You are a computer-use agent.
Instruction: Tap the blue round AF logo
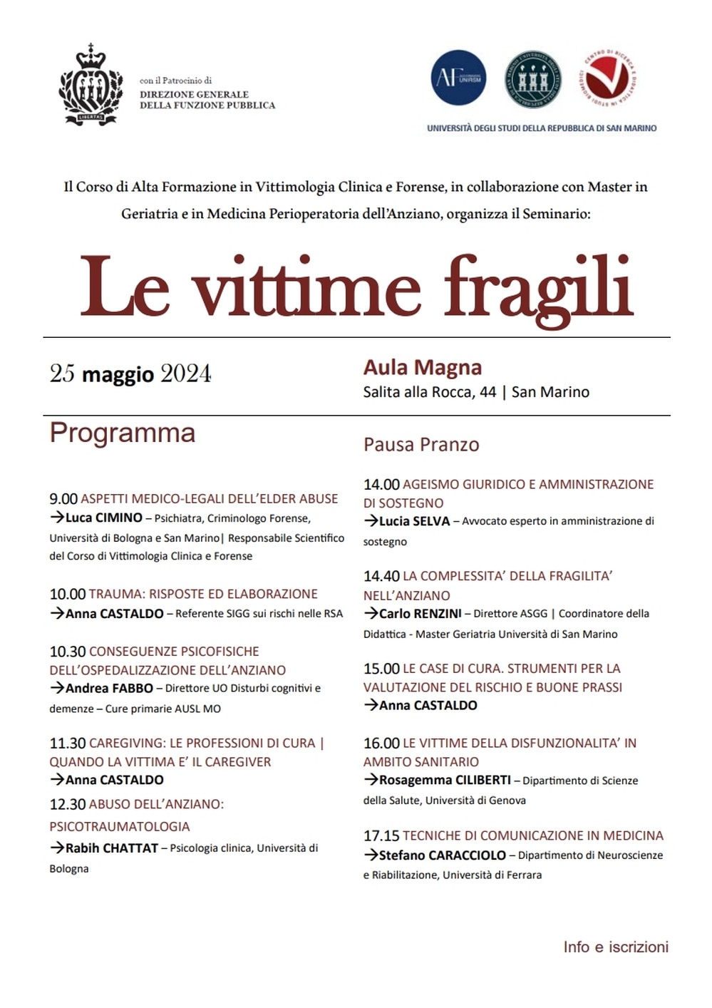(x=459, y=78)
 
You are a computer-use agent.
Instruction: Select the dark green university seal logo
(x=532, y=79)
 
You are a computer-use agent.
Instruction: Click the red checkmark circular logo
(x=607, y=79)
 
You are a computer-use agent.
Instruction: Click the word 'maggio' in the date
(x=118, y=374)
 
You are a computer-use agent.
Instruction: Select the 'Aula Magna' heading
(x=423, y=367)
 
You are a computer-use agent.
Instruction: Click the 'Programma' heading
(x=122, y=433)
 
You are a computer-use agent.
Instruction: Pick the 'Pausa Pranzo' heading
(x=421, y=445)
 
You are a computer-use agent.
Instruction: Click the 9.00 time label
(x=63, y=499)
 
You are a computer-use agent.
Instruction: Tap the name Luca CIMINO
(x=104, y=518)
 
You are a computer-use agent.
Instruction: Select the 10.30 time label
(x=68, y=652)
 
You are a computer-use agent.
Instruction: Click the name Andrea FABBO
(x=109, y=689)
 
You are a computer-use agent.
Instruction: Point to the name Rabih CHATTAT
(x=112, y=848)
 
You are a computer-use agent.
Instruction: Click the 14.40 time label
(x=381, y=576)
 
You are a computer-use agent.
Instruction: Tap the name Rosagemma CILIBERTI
(x=445, y=781)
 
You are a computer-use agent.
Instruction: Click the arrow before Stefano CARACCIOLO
(x=371, y=855)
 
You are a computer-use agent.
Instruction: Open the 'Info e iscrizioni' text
(x=616, y=947)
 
